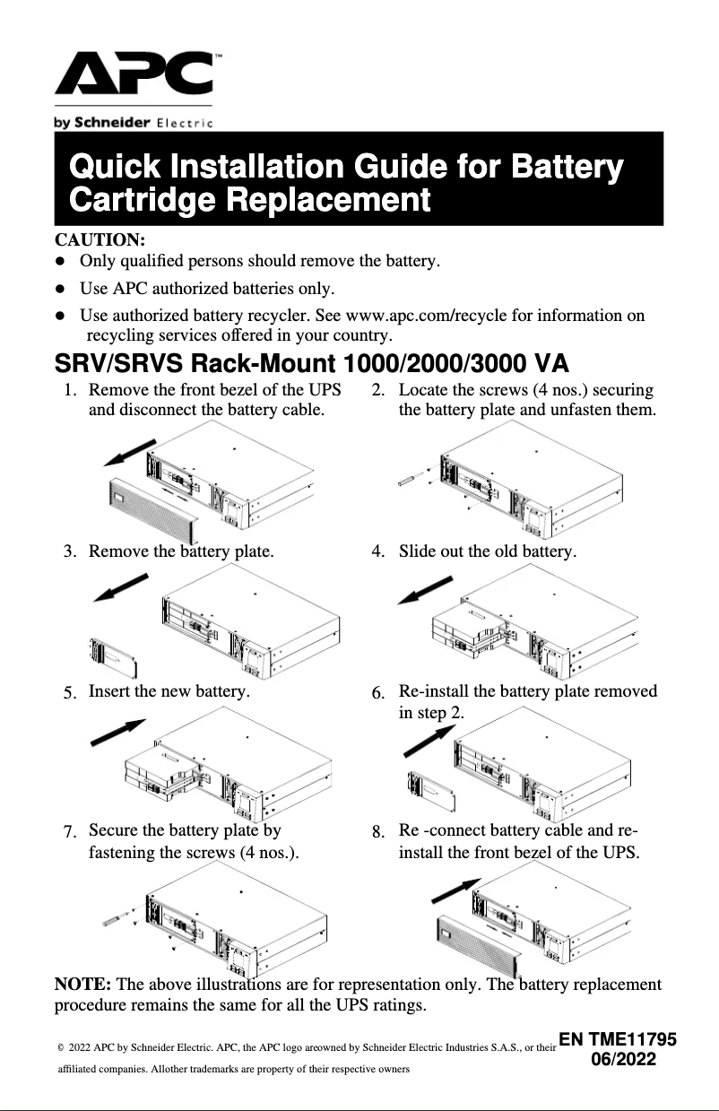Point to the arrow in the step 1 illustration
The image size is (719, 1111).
pos(129,453)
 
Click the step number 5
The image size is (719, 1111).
pos(69,693)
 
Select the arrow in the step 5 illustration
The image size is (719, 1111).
pos(118,732)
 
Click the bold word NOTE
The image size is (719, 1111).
pos(83,984)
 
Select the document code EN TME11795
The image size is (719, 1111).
pos(617,1040)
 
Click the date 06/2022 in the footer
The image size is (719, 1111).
pos(624,1060)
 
